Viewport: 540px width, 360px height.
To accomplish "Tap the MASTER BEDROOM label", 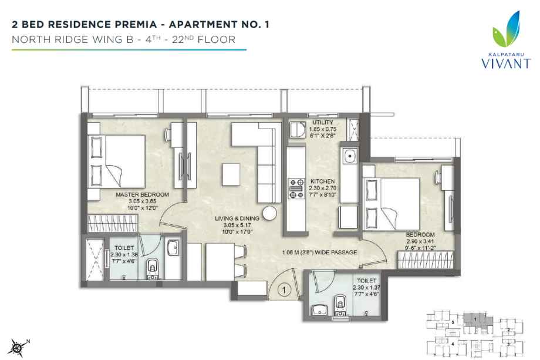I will pos(142,194).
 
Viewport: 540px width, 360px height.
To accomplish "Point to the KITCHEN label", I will pos(323,181).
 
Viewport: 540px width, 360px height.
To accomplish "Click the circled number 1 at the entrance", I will pos(283,289).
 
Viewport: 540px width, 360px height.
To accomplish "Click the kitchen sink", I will pos(350,157).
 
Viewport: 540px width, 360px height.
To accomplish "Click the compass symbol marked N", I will pos(19,346).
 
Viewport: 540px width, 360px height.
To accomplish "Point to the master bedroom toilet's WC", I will pos(153,267).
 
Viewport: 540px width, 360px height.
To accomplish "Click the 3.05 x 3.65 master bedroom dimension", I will pos(142,201).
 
